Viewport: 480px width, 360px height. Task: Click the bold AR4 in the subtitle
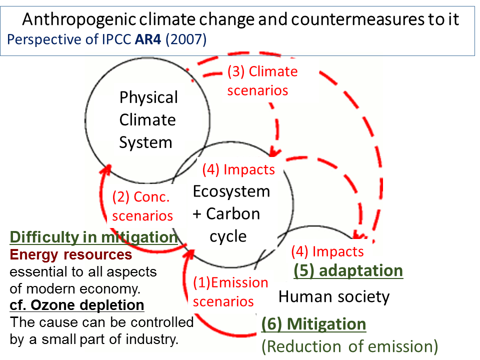148,39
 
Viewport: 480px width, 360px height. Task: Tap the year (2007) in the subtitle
186,40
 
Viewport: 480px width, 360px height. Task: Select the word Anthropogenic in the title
79,20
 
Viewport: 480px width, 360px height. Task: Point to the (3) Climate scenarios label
262,81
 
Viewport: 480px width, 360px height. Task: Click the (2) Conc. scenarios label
142,206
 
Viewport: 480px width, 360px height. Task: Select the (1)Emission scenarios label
230,291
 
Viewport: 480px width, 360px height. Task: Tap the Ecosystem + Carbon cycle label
231,213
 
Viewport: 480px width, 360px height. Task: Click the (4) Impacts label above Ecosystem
238,169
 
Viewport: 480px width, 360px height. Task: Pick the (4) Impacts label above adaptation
327,251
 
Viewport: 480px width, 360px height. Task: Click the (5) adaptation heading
348,271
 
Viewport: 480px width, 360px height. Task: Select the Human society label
334,296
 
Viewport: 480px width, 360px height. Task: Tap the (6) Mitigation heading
313,324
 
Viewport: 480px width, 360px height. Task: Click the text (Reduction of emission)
349,346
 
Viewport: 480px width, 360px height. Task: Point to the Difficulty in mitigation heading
93,237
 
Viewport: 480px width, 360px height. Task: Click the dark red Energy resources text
70,254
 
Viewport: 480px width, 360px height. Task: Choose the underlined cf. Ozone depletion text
77,305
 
